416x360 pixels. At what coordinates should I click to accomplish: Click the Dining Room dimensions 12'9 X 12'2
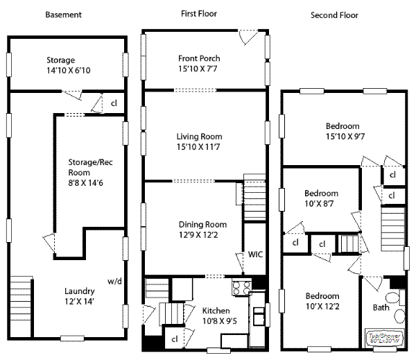(x=202, y=235)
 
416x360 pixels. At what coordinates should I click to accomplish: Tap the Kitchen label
(x=216, y=310)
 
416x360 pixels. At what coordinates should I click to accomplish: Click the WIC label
(x=255, y=255)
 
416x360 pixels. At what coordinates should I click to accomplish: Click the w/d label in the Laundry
(x=114, y=281)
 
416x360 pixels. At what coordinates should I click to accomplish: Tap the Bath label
(x=381, y=307)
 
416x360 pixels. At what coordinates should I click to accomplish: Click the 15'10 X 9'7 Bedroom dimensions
(x=343, y=137)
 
